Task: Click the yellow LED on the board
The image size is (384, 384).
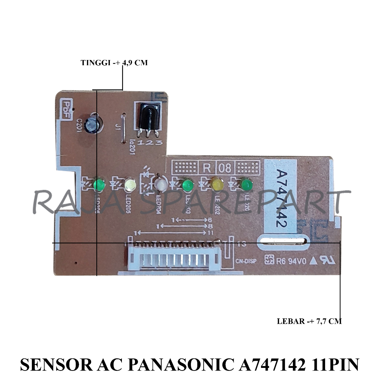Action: [x=217, y=184]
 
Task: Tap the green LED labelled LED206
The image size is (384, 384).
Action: [x=99, y=184]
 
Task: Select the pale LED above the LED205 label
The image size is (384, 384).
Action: [x=130, y=184]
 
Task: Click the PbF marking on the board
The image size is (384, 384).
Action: [x=67, y=111]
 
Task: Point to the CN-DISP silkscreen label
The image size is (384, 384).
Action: [x=246, y=261]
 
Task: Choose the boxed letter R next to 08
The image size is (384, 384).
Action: [x=207, y=168]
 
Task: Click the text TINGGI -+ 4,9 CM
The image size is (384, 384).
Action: [x=114, y=63]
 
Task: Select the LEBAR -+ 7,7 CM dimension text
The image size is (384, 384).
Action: [x=309, y=321]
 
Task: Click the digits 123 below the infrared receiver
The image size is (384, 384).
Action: [x=150, y=143]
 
